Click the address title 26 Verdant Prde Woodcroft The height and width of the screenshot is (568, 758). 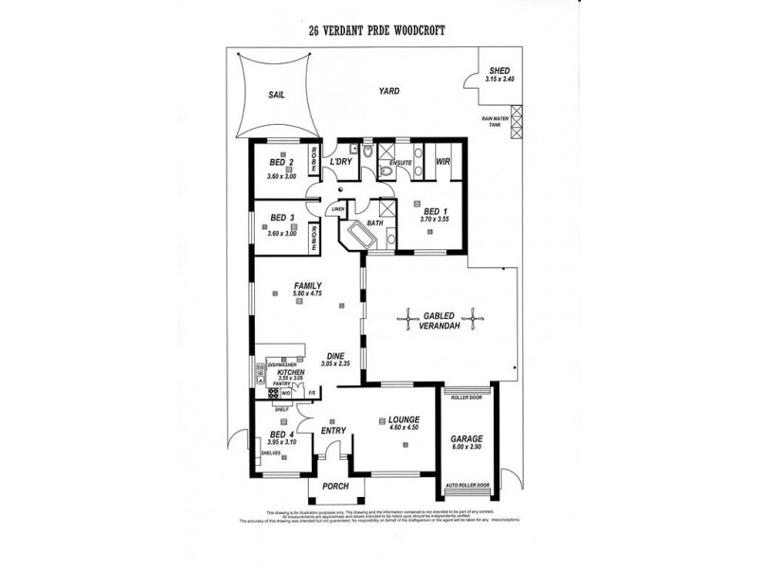coord(378,30)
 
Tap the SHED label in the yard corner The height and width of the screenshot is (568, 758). coord(498,71)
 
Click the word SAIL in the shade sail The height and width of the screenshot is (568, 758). coord(276,95)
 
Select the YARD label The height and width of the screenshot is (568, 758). coord(388,91)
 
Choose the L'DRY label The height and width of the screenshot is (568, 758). coord(340,162)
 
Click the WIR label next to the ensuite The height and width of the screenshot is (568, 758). coord(442,162)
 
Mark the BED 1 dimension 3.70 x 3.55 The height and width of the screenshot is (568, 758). coord(436,219)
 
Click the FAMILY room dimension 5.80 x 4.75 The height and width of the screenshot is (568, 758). coord(310,294)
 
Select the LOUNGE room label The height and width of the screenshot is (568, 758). coord(403,418)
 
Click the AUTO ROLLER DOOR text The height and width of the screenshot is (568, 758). coord(467,487)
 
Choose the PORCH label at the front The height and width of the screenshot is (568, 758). coord(335,486)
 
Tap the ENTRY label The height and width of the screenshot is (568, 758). coord(332,431)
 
